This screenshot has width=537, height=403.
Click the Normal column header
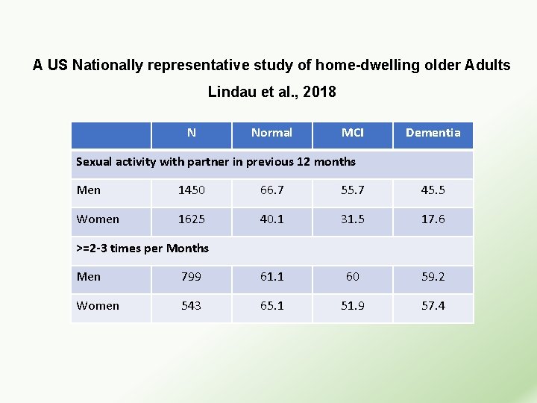click(x=271, y=133)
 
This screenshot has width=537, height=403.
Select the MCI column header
click(x=352, y=133)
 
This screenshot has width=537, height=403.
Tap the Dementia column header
click(x=433, y=133)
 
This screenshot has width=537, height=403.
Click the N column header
click(x=192, y=133)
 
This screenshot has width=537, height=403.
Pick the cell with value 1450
click(x=192, y=190)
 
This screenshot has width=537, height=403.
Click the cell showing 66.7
click(x=271, y=190)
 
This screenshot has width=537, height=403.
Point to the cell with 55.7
click(x=352, y=190)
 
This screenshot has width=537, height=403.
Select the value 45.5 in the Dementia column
click(x=433, y=190)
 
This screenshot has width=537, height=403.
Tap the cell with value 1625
click(x=192, y=219)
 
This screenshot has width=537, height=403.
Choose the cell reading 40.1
click(x=271, y=219)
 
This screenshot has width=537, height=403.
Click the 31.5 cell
click(x=352, y=219)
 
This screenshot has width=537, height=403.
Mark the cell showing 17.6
click(x=433, y=219)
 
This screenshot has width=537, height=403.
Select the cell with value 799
click(x=192, y=277)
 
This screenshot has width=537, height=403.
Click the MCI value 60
click(x=352, y=277)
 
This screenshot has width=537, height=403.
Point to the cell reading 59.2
click(x=433, y=277)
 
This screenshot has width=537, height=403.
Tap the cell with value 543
click(x=192, y=306)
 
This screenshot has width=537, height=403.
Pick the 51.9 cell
click(x=352, y=306)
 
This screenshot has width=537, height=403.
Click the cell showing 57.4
click(x=433, y=306)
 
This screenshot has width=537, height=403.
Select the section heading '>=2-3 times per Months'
click(x=142, y=249)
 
